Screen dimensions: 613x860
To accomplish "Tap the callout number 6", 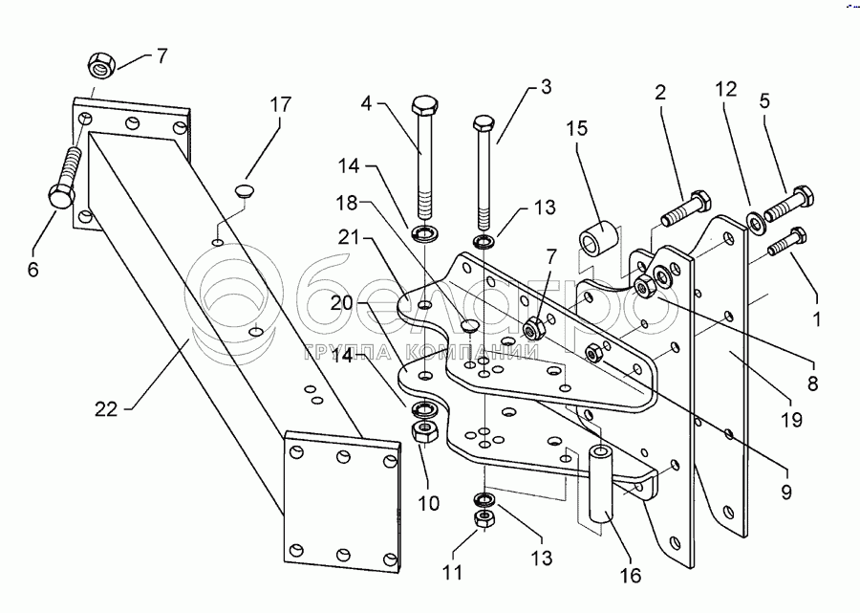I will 34,270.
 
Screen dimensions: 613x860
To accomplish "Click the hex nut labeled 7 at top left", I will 99,67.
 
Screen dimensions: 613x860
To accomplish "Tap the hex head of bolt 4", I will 423,104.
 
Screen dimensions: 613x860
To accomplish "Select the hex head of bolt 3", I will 484,123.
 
